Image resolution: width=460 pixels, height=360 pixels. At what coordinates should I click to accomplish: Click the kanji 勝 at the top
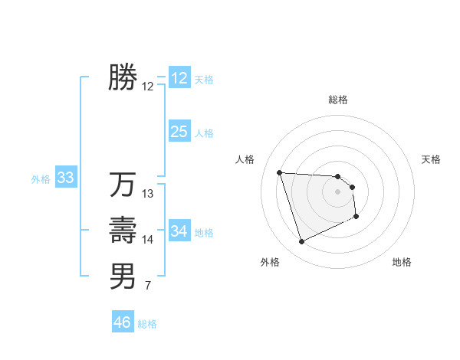(x=123, y=77)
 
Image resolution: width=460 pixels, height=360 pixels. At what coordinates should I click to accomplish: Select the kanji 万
(x=123, y=185)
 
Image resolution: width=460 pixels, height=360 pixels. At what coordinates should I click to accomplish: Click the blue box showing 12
(x=179, y=78)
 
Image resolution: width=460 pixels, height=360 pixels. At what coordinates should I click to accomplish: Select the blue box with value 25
(x=179, y=132)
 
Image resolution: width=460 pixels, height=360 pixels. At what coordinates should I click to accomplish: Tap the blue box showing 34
(x=179, y=231)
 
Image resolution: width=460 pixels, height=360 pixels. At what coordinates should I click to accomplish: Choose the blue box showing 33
(x=65, y=178)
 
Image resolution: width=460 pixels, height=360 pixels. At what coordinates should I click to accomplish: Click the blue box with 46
(x=123, y=322)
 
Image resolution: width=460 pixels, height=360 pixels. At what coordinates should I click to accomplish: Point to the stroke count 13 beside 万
(x=148, y=194)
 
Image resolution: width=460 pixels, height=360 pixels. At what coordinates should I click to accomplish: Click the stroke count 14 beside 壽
(x=148, y=240)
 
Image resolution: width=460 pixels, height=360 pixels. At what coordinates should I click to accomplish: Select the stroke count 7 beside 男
(x=148, y=286)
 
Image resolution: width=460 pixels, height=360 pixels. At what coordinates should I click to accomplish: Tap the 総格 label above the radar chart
(x=338, y=100)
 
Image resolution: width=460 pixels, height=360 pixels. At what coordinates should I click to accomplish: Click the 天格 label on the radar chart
(x=431, y=159)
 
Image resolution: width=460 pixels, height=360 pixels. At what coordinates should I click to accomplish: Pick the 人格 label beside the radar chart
(x=245, y=159)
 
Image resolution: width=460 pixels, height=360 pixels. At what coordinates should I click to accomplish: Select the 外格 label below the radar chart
(x=270, y=262)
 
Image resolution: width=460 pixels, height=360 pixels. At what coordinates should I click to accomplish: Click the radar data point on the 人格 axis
(x=280, y=172)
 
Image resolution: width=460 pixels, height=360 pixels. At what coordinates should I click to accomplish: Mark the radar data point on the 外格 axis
(x=301, y=242)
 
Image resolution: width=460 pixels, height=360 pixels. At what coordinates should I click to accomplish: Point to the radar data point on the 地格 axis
(x=356, y=217)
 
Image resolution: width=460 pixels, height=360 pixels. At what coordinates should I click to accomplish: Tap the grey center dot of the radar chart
(x=338, y=191)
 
